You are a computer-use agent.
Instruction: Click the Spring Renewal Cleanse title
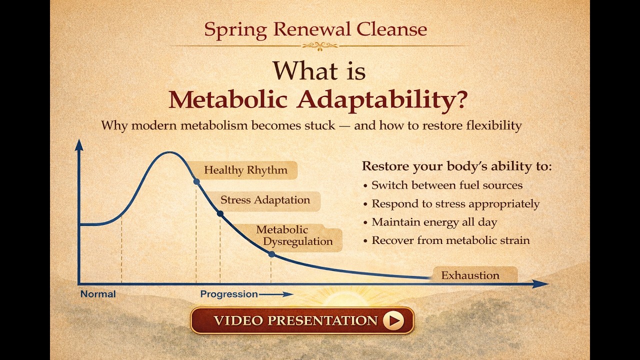tap(315, 29)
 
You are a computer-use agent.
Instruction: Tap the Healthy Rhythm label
tap(245, 170)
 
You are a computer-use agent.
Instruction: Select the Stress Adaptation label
tap(265, 200)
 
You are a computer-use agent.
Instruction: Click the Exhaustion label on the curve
tap(470, 275)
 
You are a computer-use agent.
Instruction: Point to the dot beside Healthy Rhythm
tap(196, 181)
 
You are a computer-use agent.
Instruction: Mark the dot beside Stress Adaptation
tap(220, 213)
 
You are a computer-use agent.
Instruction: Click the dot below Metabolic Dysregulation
tap(271, 254)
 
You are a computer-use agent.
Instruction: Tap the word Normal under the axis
tap(98, 294)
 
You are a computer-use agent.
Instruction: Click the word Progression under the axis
tap(229, 294)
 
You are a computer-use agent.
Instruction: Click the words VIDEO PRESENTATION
tap(295, 320)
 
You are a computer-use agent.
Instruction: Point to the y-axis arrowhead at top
tap(78, 145)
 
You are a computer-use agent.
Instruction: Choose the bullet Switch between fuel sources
tap(446, 185)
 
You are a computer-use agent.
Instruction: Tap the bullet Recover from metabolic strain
tap(449, 240)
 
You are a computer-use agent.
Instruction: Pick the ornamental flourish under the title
tap(320, 46)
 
